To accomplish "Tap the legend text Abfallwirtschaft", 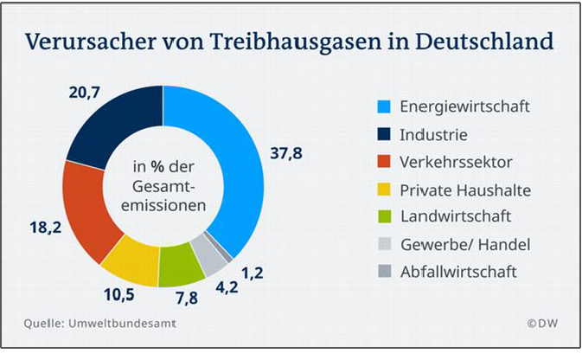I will (x=458, y=271).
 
